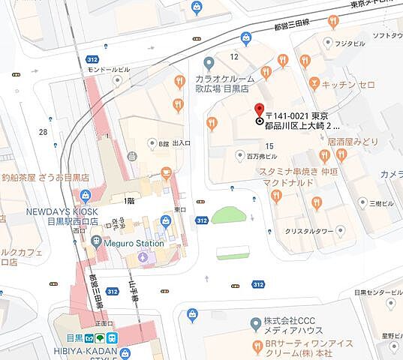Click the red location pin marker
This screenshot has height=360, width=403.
point(260,109)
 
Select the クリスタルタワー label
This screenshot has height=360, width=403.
point(308,231)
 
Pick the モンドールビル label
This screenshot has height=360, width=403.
point(109,69)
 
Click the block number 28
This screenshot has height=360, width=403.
point(43,132)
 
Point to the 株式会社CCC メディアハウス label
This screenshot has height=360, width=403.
point(293,327)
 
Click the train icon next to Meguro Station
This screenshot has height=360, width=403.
point(96,242)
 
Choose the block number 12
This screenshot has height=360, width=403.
point(234,56)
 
